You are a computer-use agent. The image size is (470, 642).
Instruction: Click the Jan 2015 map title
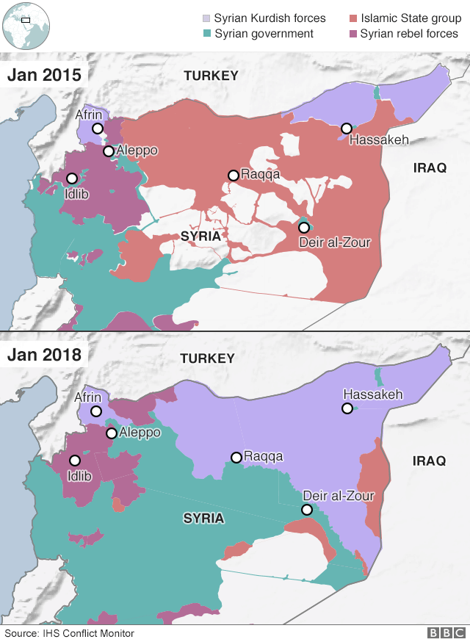coord(45,75)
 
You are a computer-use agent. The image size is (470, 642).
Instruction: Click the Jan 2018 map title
coord(45,356)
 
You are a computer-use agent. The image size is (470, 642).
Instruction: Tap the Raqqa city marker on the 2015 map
coord(233,175)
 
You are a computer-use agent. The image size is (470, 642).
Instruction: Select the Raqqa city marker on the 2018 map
coord(236,458)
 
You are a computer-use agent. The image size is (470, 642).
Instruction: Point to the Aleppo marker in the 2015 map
coord(109,151)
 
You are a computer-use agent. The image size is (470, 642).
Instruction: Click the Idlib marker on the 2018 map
coord(75,461)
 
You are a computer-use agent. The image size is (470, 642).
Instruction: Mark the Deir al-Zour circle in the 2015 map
coord(303,227)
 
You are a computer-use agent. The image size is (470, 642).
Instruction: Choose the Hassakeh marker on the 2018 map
coord(347,408)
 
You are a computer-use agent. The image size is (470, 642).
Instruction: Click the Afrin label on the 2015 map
coord(89,115)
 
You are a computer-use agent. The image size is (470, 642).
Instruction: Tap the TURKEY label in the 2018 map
coord(211,358)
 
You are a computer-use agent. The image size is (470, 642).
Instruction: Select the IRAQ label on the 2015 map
coord(430,168)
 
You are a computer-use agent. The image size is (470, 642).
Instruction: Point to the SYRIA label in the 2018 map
coord(203,519)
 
